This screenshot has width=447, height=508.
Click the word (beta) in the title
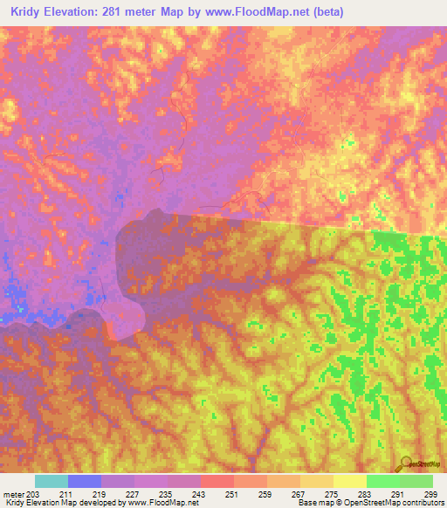pos(327,11)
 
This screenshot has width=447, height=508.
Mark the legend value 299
pos(430,493)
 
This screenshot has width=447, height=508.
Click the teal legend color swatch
pos(52,481)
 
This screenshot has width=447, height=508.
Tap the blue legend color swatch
pos(85,481)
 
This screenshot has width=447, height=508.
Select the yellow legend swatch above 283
pos(350,481)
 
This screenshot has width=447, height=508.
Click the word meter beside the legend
pos(12,493)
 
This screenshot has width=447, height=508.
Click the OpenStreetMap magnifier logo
pos(406,463)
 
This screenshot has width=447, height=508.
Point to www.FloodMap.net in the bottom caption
pos(162,503)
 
